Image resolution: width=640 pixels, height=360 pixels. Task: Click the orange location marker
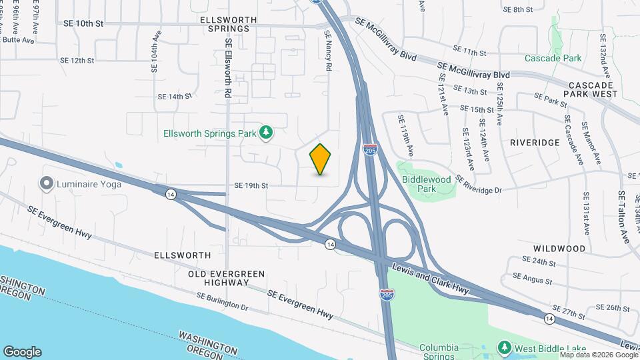click(x=321, y=159)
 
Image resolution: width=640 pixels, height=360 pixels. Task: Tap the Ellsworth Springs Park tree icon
click(x=266, y=133)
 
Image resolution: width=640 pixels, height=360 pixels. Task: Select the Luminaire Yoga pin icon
click(x=46, y=183)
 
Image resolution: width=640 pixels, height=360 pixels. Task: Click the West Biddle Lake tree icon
click(x=505, y=348)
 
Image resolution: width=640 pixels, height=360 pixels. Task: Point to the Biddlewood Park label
click(x=427, y=184)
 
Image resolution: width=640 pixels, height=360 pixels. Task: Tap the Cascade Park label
click(x=553, y=58)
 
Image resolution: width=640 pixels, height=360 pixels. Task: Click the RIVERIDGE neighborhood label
click(x=535, y=143)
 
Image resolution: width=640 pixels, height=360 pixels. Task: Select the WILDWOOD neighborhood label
click(x=560, y=249)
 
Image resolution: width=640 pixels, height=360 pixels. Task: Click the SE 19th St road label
click(x=251, y=186)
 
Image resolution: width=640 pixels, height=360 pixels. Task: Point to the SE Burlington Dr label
click(x=222, y=302)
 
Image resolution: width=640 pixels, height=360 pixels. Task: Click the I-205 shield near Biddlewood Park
click(x=370, y=149)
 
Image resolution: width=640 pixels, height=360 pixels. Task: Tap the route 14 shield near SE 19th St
click(x=171, y=194)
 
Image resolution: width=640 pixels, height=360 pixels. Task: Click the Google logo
click(x=22, y=351)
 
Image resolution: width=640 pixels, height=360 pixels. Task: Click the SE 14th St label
click(x=175, y=97)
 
